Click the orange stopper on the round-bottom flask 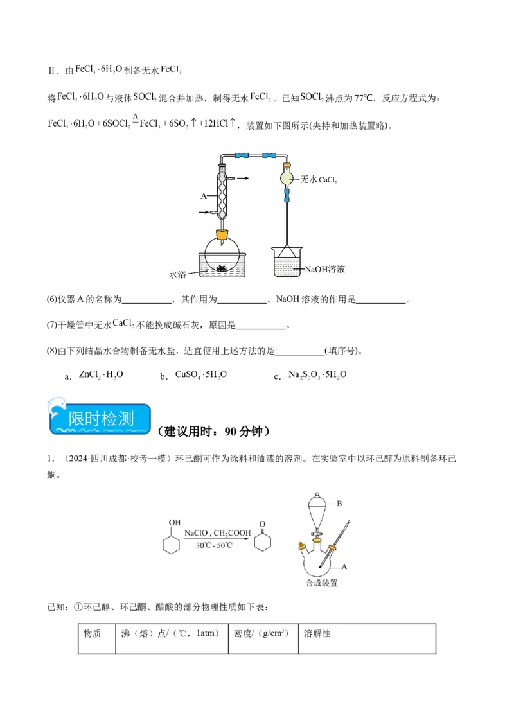coord(222,235)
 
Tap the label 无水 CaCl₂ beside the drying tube coord(319,180)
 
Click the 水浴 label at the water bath coord(177,274)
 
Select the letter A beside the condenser coord(202,196)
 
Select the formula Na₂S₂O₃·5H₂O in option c coord(317,374)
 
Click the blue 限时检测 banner coord(100,420)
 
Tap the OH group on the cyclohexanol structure coord(174,523)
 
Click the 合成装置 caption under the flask coord(322,584)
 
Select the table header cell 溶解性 coord(317,633)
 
